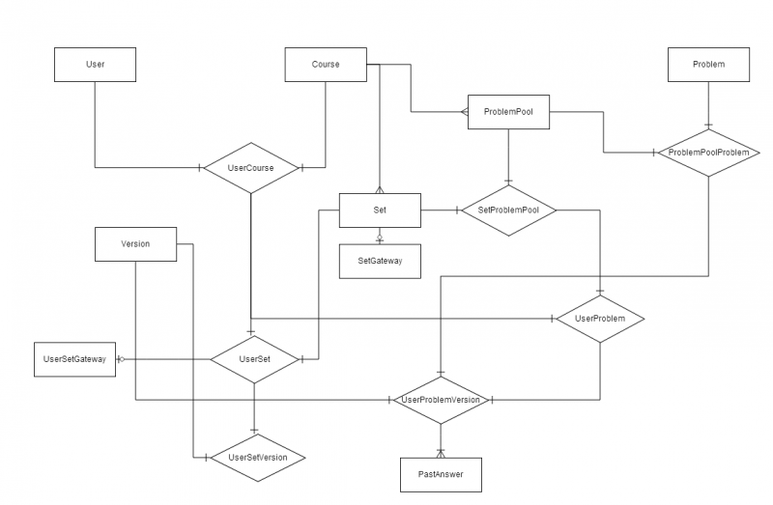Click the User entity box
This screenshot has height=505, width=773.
[x=95, y=65]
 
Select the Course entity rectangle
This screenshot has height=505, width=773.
[x=326, y=65]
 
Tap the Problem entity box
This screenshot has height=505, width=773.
[x=708, y=65]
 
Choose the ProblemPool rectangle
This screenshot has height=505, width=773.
[x=508, y=112]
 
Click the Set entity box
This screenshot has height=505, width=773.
[x=380, y=210]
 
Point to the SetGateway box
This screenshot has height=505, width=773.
[x=380, y=261]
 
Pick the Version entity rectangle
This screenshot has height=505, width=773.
[x=135, y=244]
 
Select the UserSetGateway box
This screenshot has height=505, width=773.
[x=75, y=359]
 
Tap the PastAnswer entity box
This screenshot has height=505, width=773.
[x=441, y=475]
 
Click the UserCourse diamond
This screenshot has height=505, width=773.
[x=251, y=168]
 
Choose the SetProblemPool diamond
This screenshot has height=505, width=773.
[x=509, y=210]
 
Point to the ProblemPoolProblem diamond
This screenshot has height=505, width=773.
[x=708, y=153]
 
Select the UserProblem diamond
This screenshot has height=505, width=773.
[x=600, y=319]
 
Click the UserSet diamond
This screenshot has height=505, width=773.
[x=254, y=359]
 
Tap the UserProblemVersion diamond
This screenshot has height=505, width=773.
[x=441, y=400]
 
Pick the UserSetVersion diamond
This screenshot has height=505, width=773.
[x=258, y=458]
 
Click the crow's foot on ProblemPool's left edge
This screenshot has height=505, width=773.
[x=465, y=112]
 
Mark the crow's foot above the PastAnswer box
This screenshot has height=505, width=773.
[x=441, y=454]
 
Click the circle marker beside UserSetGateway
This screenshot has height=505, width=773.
[x=122, y=359]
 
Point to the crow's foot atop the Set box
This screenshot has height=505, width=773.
[x=380, y=189]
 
